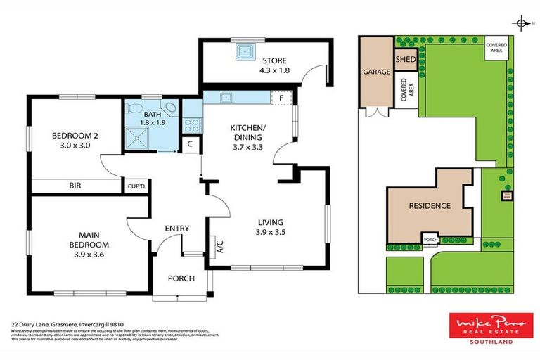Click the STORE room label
pos(274,61)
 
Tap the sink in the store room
pos(245,51)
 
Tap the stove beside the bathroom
pos(191,124)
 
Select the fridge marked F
pos(282,98)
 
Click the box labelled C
pos(190,145)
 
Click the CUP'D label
pos(135,186)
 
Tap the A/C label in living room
pos(219,246)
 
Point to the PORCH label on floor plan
pos(181,279)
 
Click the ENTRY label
pos(176,229)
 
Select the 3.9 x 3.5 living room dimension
pos(271,231)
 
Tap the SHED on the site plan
pos(406,60)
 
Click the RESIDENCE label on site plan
pos(429,206)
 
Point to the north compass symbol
pos(521,24)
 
